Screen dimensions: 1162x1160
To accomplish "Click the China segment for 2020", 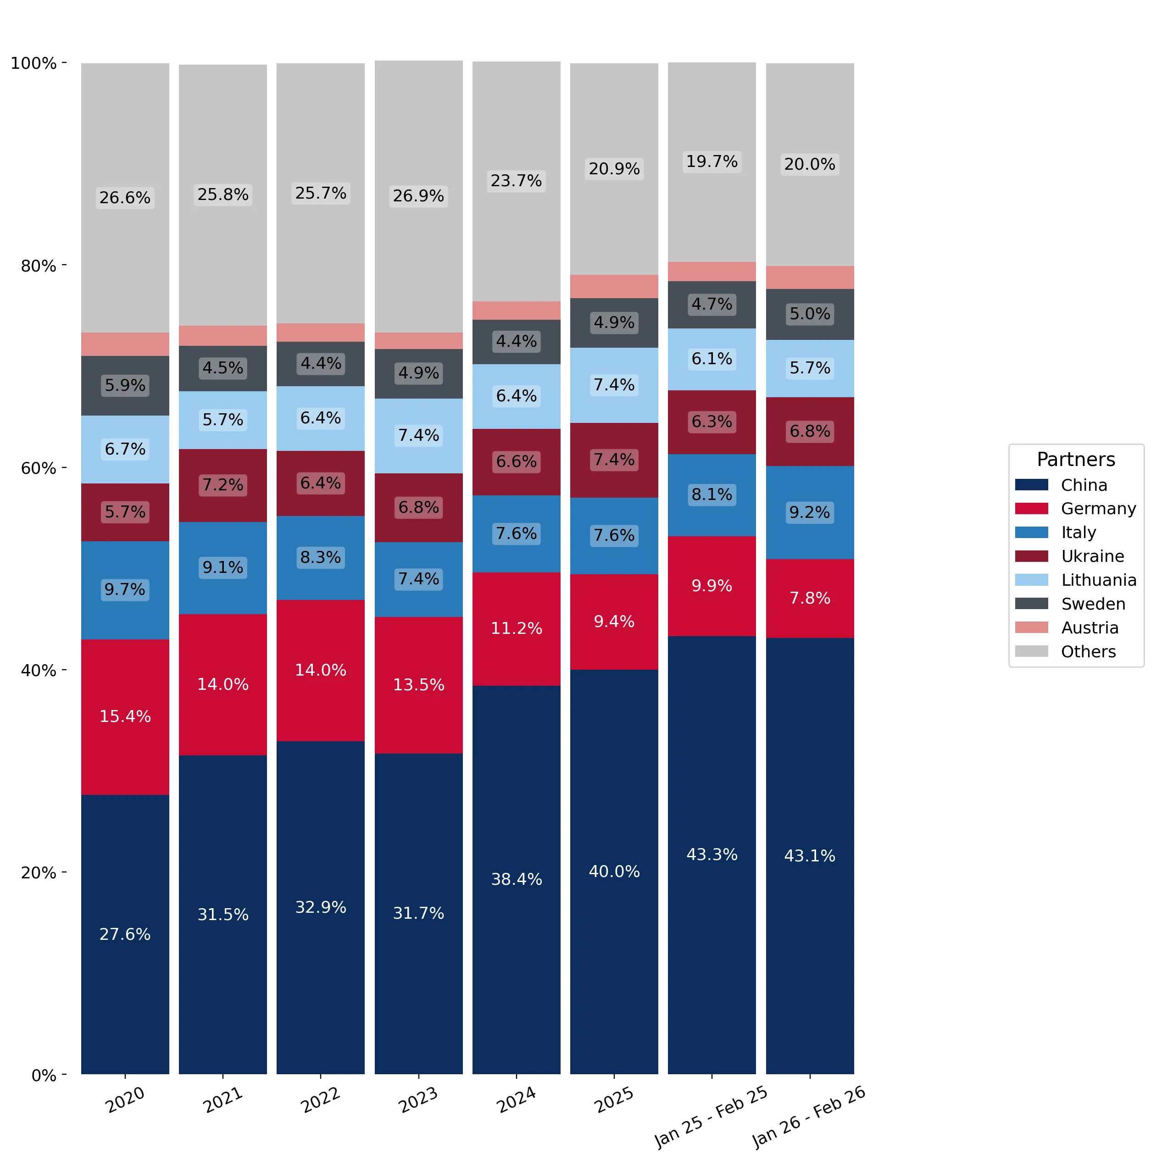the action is tap(125, 934).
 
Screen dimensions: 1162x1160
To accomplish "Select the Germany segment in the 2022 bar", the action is tap(321, 671).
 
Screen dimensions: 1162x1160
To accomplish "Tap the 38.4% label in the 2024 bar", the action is tap(517, 879).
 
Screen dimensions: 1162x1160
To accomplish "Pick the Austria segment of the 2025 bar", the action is tap(614, 286).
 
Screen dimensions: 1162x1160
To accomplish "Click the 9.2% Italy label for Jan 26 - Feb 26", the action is tap(810, 512).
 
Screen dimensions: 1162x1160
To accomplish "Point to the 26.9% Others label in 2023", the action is tap(419, 196).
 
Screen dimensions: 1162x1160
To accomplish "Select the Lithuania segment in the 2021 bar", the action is tap(223, 420).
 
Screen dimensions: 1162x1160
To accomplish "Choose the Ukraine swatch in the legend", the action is tap(1031, 556).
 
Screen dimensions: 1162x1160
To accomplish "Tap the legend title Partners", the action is tap(1076, 460).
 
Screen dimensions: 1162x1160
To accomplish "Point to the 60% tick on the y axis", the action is tap(64, 468).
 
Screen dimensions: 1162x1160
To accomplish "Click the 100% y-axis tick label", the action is tap(33, 63).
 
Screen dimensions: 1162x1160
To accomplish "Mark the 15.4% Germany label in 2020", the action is tap(125, 716).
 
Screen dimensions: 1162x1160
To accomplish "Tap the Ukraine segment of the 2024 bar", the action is tap(517, 462).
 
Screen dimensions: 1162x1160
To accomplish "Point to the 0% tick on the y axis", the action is tap(64, 1074).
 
